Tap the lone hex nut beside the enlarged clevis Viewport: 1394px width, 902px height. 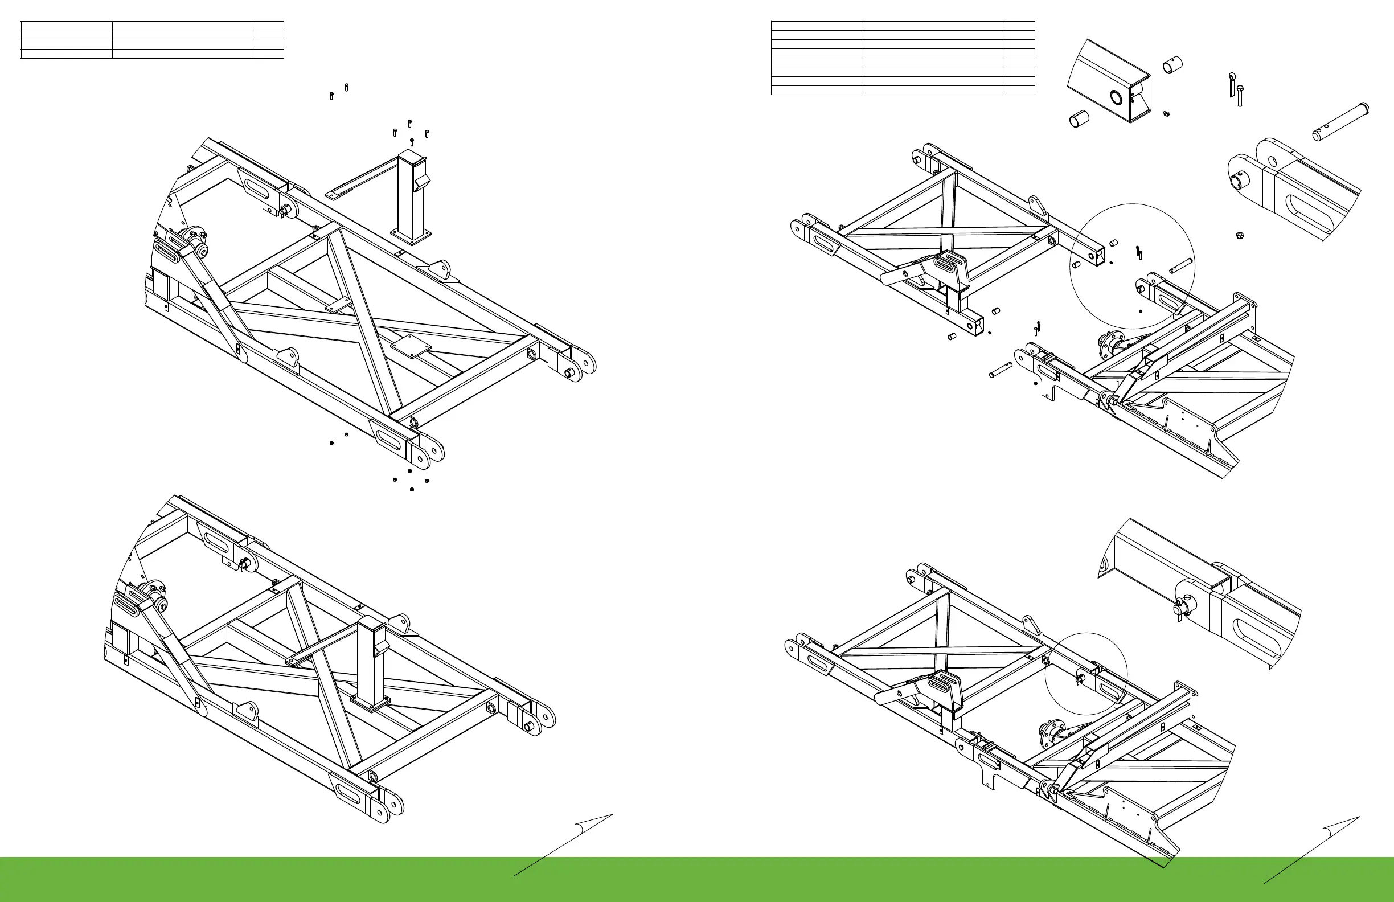[x=1239, y=235]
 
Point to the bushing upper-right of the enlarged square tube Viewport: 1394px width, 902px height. [x=1172, y=64]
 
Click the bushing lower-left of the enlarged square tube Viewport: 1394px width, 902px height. [x=1080, y=121]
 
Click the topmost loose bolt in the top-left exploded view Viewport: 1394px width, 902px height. [x=346, y=87]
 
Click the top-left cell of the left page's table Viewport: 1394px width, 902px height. [x=66, y=26]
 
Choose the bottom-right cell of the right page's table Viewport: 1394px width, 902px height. [x=1019, y=90]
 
